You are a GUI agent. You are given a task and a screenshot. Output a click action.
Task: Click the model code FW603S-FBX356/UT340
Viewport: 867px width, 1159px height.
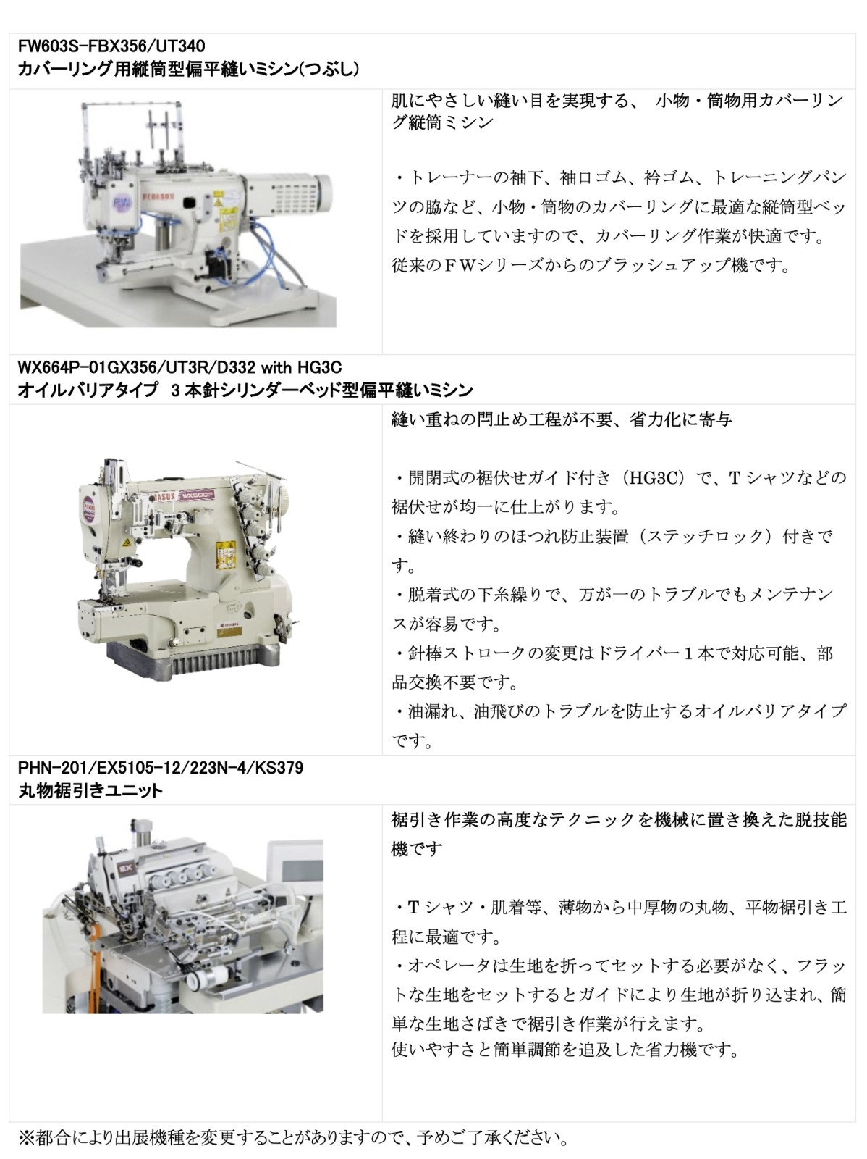[x=111, y=46]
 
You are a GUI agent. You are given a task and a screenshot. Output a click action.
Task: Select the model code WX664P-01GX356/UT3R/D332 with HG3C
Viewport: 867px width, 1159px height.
[x=179, y=367]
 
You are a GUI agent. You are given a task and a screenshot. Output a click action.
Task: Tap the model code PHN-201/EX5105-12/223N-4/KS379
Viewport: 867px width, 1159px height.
[x=161, y=767]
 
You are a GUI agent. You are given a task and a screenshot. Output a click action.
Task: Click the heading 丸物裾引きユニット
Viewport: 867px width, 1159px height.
[x=90, y=790]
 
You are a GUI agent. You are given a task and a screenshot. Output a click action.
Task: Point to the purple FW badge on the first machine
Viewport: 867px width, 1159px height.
[x=121, y=204]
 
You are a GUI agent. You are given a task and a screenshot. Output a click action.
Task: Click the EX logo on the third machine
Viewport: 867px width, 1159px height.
[x=127, y=868]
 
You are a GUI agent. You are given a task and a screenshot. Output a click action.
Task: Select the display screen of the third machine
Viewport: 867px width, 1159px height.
[x=295, y=871]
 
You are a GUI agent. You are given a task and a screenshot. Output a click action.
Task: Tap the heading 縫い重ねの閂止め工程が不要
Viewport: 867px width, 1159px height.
[x=502, y=419]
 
